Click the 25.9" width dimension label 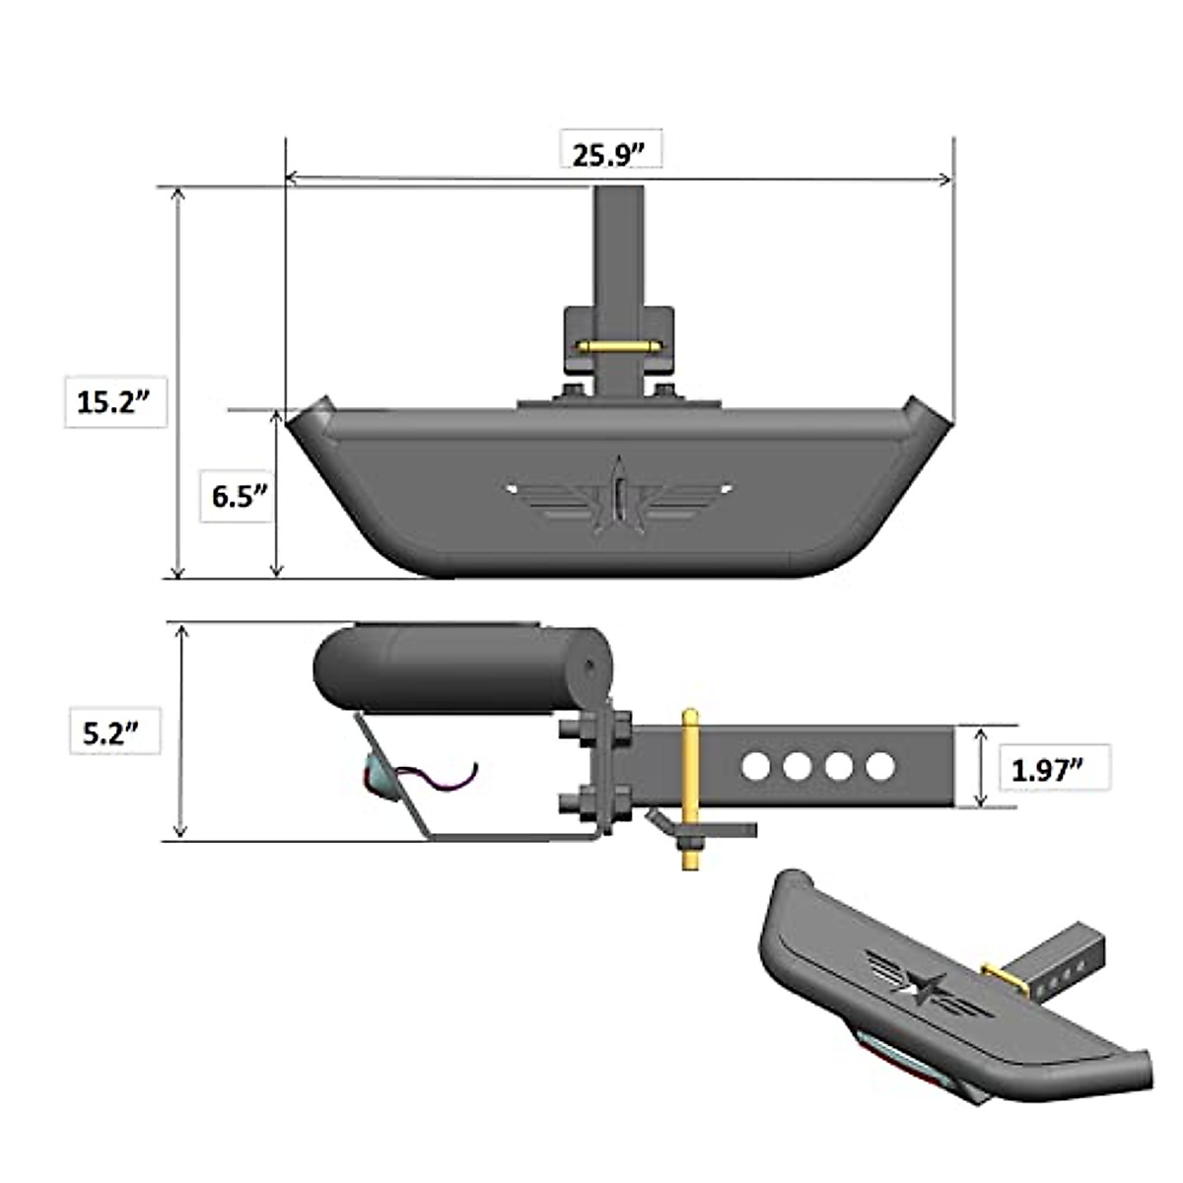click(609, 155)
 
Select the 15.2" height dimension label click(113, 401)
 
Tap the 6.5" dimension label click(240, 495)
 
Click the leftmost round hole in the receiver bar click(755, 766)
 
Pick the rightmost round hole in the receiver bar click(881, 766)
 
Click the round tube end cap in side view click(590, 668)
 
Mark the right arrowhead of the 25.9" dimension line click(947, 179)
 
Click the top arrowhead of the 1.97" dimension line click(980, 734)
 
